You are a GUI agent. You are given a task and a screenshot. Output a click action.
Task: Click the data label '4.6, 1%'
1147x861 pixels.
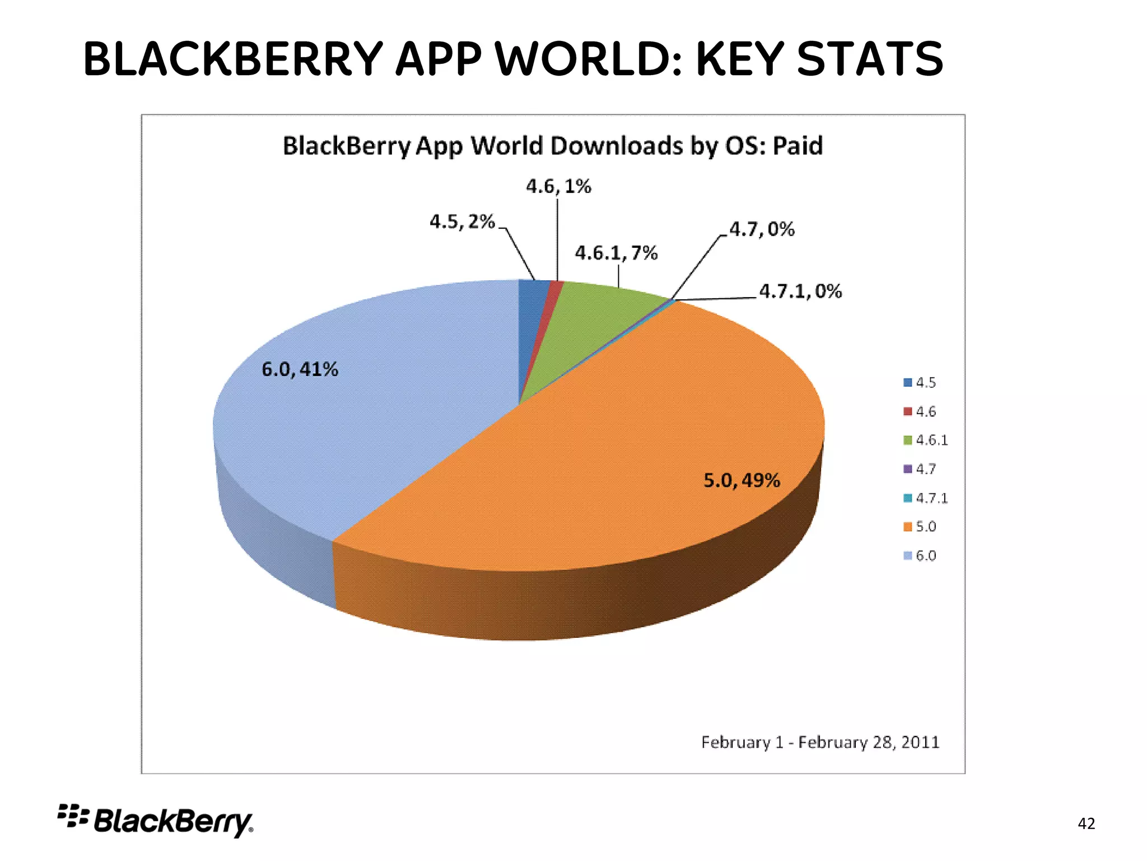pos(558,187)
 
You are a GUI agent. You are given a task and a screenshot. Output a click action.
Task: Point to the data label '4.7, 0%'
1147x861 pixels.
pos(762,229)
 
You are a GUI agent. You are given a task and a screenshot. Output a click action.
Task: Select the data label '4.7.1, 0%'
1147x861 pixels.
pos(800,291)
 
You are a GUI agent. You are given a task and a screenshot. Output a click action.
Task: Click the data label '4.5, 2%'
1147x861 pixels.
pos(462,222)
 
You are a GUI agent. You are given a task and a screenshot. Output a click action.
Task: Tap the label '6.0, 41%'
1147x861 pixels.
pos(300,369)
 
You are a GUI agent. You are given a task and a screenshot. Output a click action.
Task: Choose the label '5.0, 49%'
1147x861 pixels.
pos(742,480)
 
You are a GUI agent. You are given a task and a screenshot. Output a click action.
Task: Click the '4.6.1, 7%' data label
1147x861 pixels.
pos(616,253)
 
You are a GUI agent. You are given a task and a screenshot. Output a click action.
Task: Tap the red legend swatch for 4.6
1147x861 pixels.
pos(908,411)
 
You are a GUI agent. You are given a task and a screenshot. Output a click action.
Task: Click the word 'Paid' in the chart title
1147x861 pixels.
pos(798,146)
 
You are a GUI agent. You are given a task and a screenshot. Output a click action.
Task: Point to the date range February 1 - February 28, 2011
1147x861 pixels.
pos(820,742)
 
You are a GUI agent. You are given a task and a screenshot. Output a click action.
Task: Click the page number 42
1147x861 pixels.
pos(1086,823)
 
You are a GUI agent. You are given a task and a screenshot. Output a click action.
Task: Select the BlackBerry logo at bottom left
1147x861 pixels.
pos(156,821)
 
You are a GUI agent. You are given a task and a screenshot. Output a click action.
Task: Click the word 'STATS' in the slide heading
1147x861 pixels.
pos(869,59)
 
